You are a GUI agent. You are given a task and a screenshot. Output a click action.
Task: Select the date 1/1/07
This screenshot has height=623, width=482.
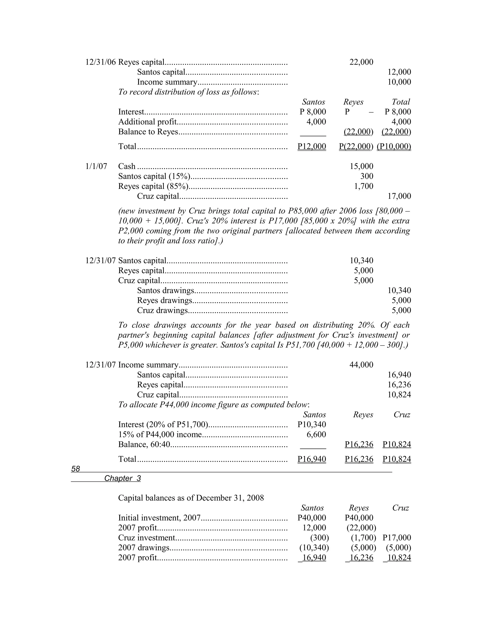[96, 166]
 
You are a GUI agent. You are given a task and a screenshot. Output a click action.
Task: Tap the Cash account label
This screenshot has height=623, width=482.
[127, 166]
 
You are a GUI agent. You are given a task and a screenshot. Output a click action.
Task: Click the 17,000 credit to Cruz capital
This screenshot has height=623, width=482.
[399, 196]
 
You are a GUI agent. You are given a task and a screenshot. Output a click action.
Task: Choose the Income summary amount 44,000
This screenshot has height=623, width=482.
[361, 365]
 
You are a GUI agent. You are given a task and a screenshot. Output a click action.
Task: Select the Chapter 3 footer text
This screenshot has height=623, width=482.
[122, 478]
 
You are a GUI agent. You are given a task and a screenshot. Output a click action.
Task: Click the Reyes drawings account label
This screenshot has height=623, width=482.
[165, 300]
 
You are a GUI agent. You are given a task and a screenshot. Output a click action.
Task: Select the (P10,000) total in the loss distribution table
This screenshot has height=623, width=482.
[394, 146]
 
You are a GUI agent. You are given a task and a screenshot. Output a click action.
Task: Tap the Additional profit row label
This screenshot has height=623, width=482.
[147, 122]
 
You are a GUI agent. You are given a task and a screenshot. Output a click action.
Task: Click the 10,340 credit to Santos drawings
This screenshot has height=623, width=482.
[399, 290]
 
